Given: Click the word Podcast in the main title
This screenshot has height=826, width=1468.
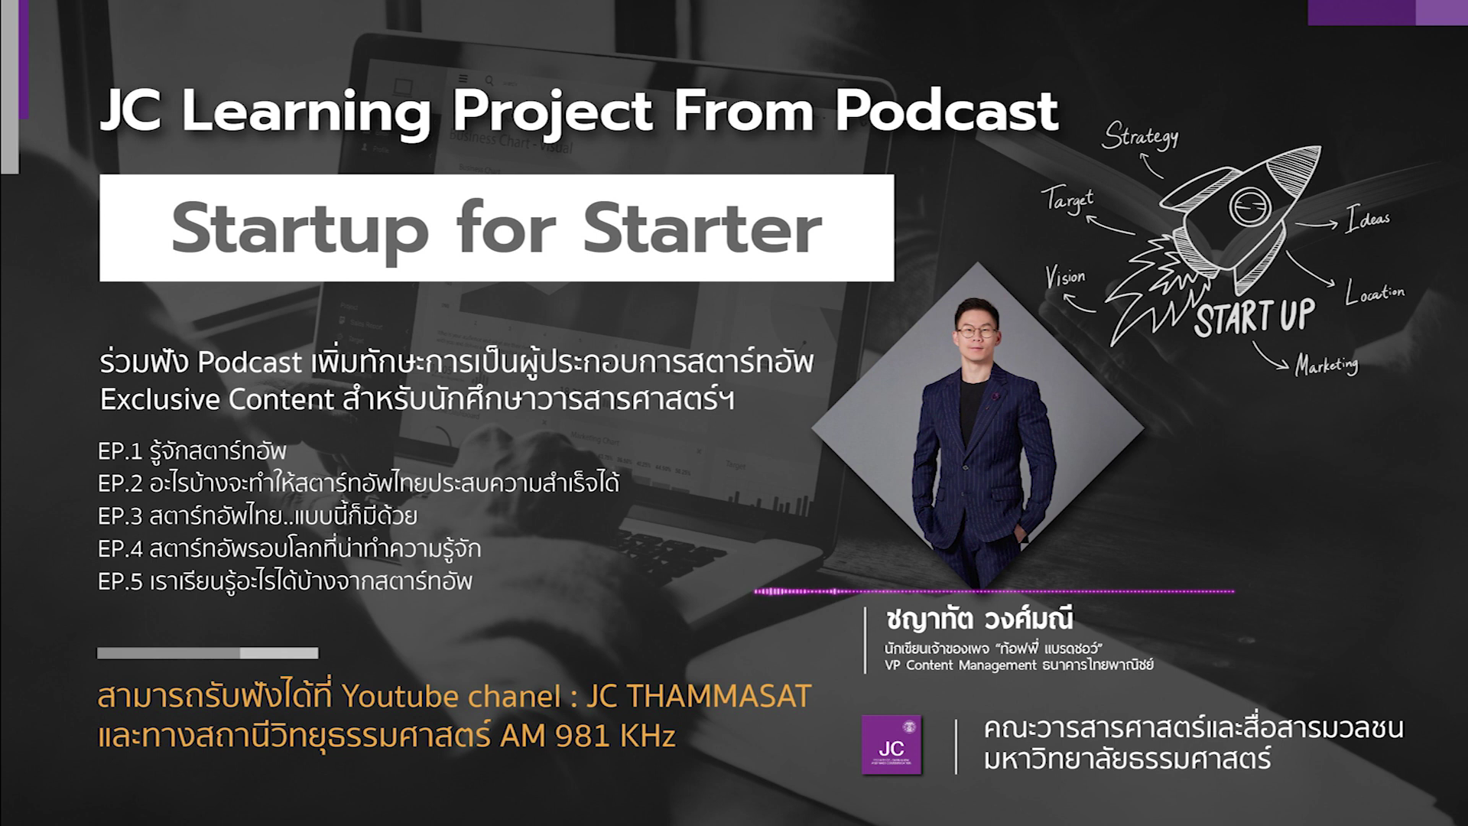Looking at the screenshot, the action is click(x=947, y=112).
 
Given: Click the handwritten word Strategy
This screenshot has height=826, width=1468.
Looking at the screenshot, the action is click(x=1140, y=135).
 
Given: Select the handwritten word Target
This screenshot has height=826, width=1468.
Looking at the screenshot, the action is click(x=1069, y=200).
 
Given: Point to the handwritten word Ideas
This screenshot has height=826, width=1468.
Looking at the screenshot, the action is click(x=1369, y=219).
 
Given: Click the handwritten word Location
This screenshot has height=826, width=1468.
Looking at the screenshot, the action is click(x=1375, y=292).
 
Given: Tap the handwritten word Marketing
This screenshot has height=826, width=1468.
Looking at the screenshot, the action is click(x=1327, y=365).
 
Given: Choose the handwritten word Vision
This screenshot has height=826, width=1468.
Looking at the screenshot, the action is click(x=1065, y=277).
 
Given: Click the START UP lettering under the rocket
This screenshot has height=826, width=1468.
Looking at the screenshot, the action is click(x=1255, y=317).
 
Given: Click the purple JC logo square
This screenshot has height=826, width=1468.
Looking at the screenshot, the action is click(x=892, y=744).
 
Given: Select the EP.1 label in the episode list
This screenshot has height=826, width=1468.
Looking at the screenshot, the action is click(x=120, y=451).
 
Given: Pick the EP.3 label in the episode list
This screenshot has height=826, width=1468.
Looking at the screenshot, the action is click(x=121, y=516).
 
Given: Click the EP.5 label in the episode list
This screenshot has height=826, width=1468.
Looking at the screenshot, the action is click(x=121, y=582).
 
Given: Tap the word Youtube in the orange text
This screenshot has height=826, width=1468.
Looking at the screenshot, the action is click(x=390, y=697).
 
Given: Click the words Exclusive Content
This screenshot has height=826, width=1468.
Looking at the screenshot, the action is click(x=217, y=400).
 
